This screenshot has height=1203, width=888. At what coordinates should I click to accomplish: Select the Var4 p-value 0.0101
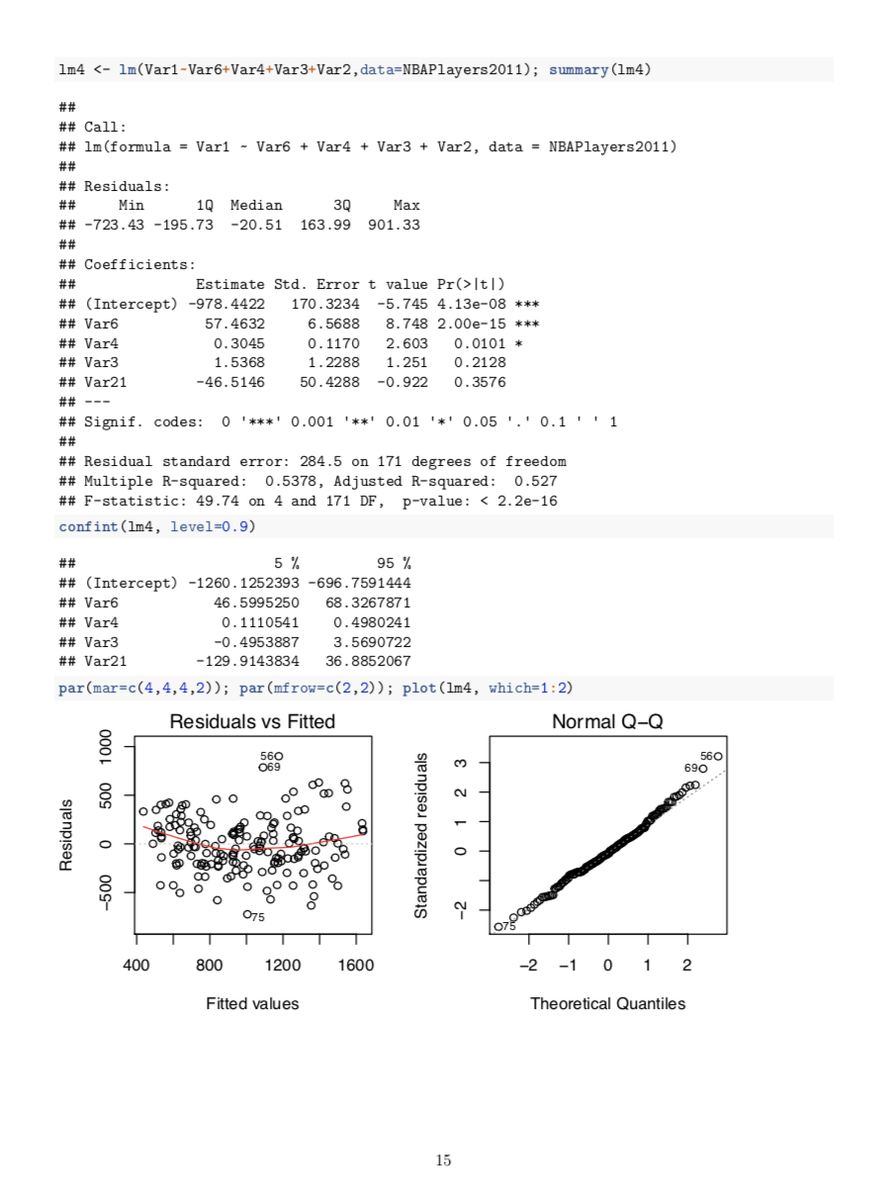480,343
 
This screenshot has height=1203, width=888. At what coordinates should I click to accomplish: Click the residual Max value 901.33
394,225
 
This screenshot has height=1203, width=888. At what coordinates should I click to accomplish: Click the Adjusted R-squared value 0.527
535,481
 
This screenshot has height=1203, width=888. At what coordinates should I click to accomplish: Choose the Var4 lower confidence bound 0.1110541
260,621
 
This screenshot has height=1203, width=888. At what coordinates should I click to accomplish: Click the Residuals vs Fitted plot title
252,722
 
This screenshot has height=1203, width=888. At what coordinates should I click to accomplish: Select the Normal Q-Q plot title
607,722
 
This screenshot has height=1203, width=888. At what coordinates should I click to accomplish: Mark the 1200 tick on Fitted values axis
283,965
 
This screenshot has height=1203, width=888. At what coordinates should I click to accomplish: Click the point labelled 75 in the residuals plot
247,914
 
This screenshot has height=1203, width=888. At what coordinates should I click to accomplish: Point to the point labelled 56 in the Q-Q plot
718,756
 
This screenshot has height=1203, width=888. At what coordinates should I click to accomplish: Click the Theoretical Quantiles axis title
607,1003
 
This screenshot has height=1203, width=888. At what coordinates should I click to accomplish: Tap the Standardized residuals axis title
421,836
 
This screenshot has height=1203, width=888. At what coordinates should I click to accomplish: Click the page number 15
444,1160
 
